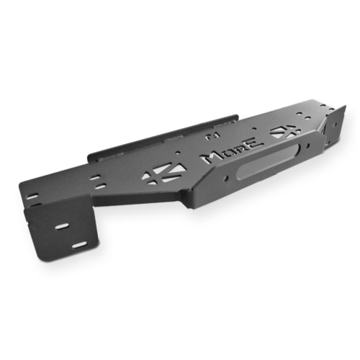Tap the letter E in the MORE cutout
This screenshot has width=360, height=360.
point(255,143)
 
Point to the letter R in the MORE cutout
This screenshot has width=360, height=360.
point(240,149)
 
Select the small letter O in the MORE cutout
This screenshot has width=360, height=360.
point(228,153)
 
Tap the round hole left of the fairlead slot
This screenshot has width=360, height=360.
point(226,178)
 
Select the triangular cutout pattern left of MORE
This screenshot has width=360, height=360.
point(163,174)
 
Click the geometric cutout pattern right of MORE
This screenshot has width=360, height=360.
point(283,131)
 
